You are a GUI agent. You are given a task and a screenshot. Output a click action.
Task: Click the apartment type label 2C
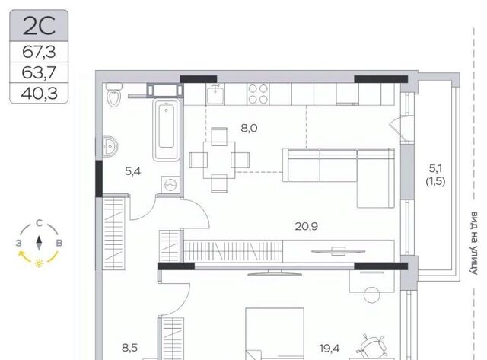click(39, 25)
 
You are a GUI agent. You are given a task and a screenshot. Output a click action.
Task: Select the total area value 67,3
click(39, 52)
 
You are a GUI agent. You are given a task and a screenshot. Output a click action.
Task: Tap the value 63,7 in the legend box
click(39, 72)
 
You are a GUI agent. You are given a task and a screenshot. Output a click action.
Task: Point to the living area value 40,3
click(39, 93)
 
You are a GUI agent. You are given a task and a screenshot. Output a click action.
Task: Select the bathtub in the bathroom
click(166, 129)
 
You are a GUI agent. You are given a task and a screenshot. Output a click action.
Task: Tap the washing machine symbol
click(170, 185)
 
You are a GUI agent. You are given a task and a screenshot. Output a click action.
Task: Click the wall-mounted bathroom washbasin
click(110, 146)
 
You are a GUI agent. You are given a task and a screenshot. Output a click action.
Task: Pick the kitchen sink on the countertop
click(215, 94)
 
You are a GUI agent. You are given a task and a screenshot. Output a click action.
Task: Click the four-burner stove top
click(258, 94)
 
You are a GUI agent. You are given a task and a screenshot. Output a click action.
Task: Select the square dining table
click(219, 160)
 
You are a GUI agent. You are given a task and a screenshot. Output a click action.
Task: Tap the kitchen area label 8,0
click(249, 128)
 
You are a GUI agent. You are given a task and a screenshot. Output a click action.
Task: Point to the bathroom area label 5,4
click(133, 170)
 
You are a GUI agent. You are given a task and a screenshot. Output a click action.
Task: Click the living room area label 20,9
click(306, 227)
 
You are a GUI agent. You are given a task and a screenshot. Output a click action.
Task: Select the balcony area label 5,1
click(435, 169)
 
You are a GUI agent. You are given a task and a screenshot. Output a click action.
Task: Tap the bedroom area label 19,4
click(329, 349)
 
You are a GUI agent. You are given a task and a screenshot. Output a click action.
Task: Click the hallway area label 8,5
click(129, 348)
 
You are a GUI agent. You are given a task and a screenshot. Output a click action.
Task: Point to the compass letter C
click(39, 223)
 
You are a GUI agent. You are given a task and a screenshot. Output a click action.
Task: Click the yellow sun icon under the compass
click(39, 263)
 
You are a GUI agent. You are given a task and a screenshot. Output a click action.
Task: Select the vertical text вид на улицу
click(473, 244)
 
